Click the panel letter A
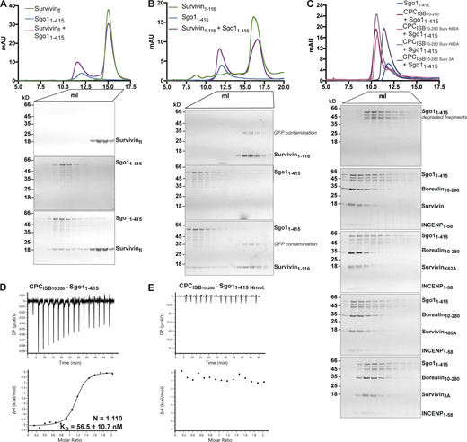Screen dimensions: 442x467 [5, 6]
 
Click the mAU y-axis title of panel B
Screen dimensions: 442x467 [166, 41]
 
